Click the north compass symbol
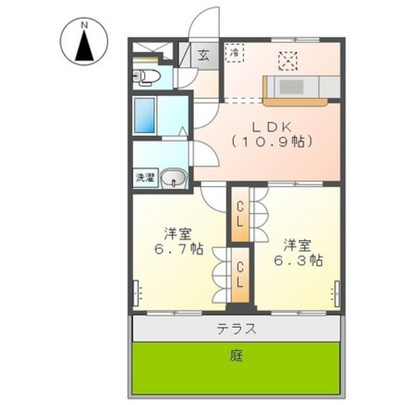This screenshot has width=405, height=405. pyautogui.click(x=84, y=43)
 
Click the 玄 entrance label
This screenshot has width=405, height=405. pyautogui.click(x=204, y=54)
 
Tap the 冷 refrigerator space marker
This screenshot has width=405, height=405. pyautogui.click(x=234, y=52)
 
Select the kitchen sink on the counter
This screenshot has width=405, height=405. pyautogui.click(x=293, y=87)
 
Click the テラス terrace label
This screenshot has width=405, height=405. pyautogui.click(x=236, y=329)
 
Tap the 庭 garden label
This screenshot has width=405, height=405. pyautogui.click(x=236, y=356)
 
